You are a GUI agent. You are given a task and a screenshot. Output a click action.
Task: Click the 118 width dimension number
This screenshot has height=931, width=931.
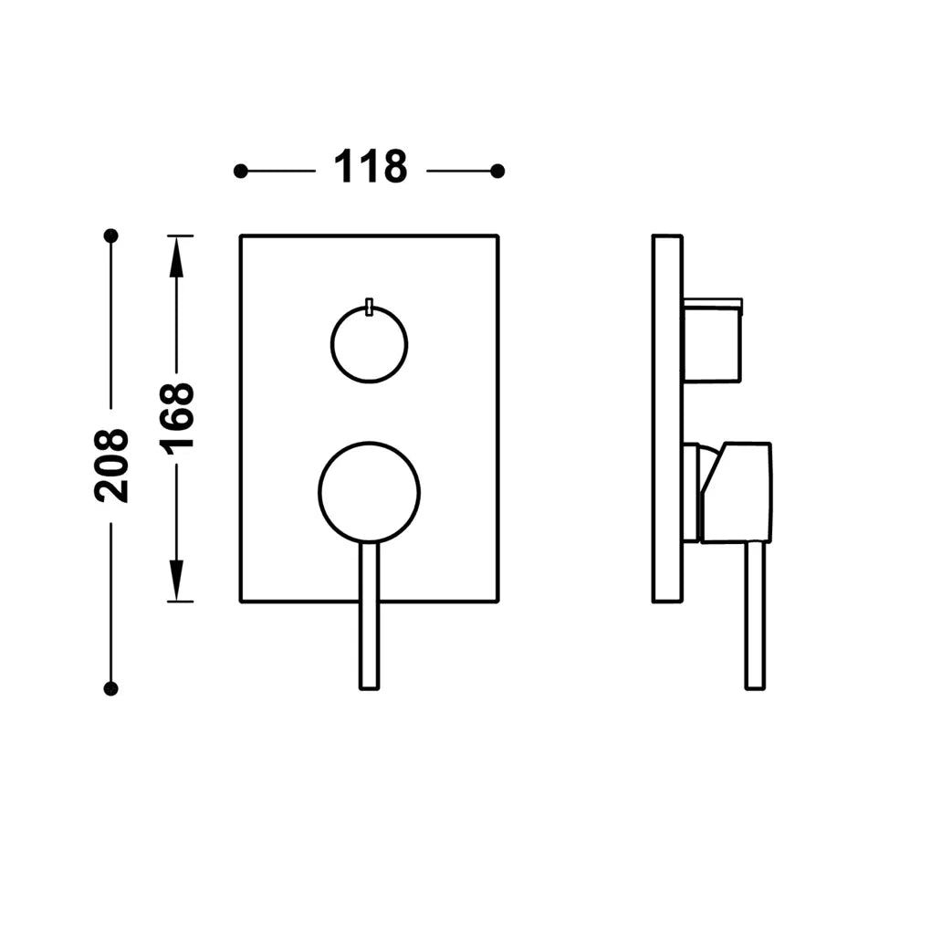tap(371, 167)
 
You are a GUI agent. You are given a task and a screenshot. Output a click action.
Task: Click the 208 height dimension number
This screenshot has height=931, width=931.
tap(111, 465)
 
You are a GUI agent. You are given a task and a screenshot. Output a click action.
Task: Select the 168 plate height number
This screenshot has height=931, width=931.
tap(176, 419)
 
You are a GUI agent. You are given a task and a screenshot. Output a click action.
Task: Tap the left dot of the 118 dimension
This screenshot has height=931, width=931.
tap(240, 172)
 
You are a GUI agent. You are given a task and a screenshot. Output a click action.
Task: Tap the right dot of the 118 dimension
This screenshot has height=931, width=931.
tap(497, 172)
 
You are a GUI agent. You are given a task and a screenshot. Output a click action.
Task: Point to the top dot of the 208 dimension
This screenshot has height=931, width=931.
tap(111, 235)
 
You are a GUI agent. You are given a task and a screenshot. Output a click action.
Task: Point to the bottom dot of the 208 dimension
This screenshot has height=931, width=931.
tap(111, 689)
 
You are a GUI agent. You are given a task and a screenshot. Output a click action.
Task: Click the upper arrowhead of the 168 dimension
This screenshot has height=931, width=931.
tap(176, 256)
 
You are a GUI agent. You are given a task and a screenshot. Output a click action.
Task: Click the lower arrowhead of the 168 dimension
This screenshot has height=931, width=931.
tap(176, 581)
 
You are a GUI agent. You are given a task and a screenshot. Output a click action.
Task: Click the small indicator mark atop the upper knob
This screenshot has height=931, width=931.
tap(370, 307)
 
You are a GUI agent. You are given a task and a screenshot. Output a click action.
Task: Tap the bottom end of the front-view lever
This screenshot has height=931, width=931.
tap(370, 689)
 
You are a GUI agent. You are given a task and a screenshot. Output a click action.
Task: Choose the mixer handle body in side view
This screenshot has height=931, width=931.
tap(737, 492)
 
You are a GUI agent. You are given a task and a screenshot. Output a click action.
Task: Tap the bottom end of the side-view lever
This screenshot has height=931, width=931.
tap(755, 689)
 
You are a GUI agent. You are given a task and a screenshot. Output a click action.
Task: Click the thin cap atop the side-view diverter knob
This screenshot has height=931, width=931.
tap(713, 304)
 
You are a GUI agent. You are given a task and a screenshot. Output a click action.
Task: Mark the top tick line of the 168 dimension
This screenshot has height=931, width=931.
tap(181, 235)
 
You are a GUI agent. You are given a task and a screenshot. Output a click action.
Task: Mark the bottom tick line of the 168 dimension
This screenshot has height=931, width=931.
tap(181, 601)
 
